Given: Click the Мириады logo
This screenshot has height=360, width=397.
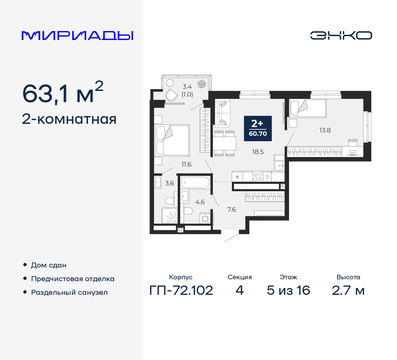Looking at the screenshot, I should click(x=77, y=36).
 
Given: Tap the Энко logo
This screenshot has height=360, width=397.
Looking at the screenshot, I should click(x=341, y=35).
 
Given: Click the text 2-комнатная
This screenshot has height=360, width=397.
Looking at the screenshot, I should click(x=69, y=119).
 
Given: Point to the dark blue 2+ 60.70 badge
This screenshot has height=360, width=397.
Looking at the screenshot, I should click(x=258, y=128).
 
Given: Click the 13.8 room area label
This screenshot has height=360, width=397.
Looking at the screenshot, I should click(x=325, y=130).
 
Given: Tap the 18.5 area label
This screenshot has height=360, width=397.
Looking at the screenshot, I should click(x=258, y=152).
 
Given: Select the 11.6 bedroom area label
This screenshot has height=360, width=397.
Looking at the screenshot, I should click(x=186, y=164).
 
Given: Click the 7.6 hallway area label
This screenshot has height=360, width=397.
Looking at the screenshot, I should click(x=231, y=209).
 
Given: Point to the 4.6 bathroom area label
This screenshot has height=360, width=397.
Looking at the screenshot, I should click(x=200, y=202).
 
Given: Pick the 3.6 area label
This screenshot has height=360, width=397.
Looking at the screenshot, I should click(x=169, y=183).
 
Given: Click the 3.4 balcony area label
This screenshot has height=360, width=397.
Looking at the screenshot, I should click(x=187, y=87).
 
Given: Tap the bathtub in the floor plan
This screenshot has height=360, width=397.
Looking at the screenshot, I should click(x=195, y=182).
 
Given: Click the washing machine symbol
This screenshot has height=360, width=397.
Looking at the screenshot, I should click(x=205, y=218).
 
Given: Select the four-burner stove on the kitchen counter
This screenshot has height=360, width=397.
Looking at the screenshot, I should click(x=258, y=176).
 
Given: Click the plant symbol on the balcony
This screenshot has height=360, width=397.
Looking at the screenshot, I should click(x=202, y=84).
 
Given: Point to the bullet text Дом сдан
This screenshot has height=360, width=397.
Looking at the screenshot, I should click(x=49, y=265).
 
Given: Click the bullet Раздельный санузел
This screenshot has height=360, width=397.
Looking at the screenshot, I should click(x=69, y=292).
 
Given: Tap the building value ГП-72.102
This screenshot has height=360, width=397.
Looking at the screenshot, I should click(x=181, y=290).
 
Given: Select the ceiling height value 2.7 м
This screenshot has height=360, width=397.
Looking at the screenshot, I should click(x=348, y=290).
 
